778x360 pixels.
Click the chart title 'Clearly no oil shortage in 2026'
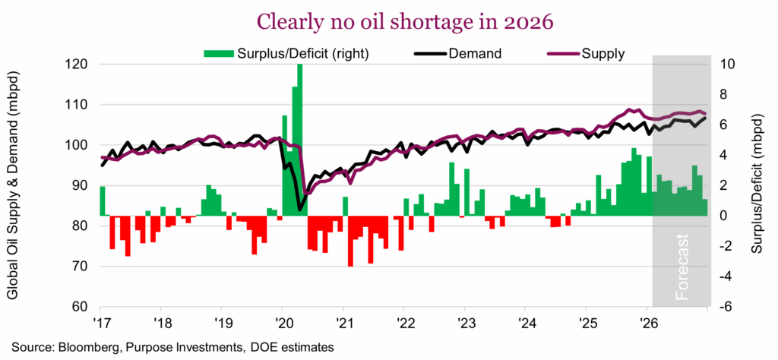[x=389, y=21]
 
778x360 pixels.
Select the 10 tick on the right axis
[x=727, y=65]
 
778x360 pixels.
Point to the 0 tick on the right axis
[x=724, y=216]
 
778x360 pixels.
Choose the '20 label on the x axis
[x=282, y=321]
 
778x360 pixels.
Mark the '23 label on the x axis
[x=464, y=321]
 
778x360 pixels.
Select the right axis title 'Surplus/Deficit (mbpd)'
[x=756, y=186]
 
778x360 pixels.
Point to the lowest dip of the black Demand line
[x=300, y=210]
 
